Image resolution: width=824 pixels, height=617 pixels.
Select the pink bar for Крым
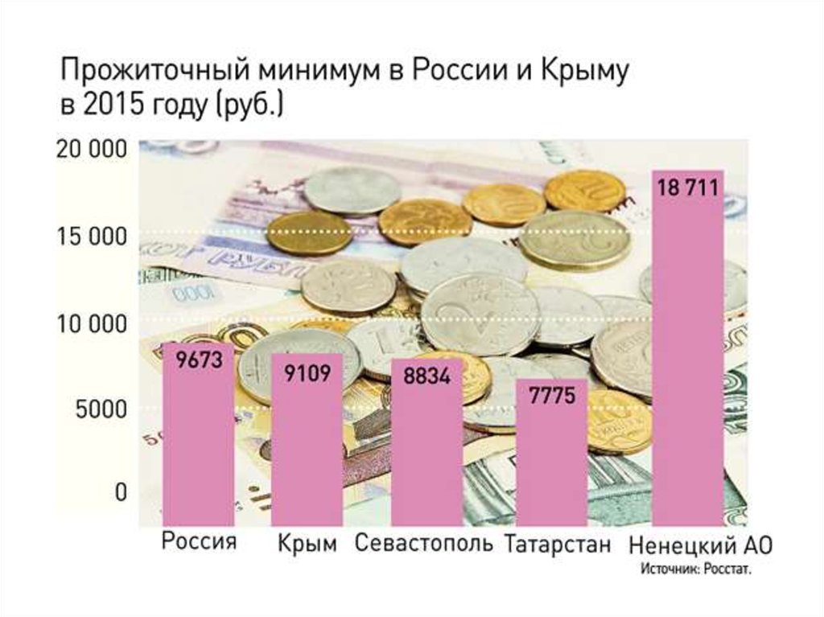point(307,442)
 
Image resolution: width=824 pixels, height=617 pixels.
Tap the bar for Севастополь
point(426,446)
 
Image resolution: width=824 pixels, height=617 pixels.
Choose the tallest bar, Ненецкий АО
point(687,354)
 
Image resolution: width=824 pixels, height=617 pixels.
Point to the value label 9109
point(308,372)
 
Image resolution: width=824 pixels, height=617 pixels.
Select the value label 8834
point(426,376)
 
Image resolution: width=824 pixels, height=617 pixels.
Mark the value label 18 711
point(687,190)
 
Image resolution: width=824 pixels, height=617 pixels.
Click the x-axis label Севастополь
point(424,544)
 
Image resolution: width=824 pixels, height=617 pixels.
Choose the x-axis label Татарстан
point(558,544)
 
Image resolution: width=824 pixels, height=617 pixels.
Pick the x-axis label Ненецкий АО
point(700,545)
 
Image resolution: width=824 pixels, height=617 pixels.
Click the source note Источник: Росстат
point(696,570)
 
